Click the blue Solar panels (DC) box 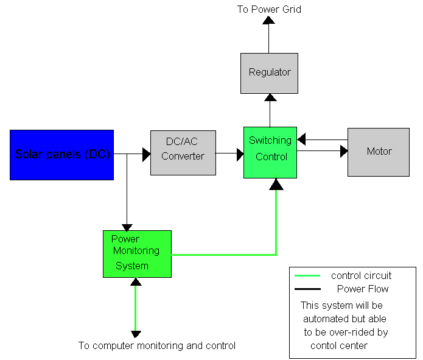tap(62, 155)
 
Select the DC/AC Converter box tap(183, 153)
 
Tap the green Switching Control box tap(270, 152)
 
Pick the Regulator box tap(269, 73)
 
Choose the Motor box tap(379, 152)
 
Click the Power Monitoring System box tap(137, 254)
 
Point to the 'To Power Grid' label tap(269, 10)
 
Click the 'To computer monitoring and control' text tap(157, 346)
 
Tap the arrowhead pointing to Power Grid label tap(268, 20)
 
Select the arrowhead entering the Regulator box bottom tap(270, 97)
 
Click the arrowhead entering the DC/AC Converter tap(147, 155)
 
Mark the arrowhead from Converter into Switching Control tap(240, 155)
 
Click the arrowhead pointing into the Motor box tap(344, 151)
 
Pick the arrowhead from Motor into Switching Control tap(301, 139)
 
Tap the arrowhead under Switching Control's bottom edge tap(276, 185)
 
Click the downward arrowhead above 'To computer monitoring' tap(136, 334)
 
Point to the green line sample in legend tap(307, 275)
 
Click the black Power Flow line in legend tap(307, 289)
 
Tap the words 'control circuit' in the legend tap(361, 276)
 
